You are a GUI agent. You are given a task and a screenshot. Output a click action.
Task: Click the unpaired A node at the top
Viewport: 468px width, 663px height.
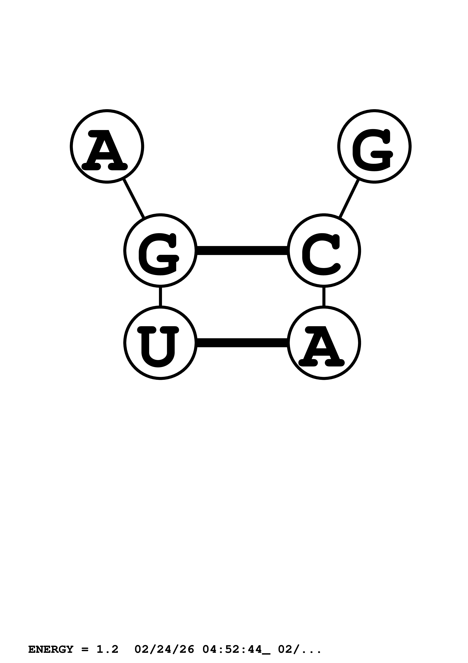pyautogui.click(x=107, y=146)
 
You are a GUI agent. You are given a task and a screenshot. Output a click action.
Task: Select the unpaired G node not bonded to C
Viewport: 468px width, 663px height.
pyautogui.click(x=374, y=146)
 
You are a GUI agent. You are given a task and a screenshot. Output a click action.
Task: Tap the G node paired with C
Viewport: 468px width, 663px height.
pyautogui.click(x=160, y=250)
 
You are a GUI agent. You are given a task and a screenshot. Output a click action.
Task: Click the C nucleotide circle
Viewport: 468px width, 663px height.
pyautogui.click(x=324, y=250)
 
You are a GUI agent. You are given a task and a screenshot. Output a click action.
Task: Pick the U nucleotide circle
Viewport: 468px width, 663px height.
pyautogui.click(x=160, y=343)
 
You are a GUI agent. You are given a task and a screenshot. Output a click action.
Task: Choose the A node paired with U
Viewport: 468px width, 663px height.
pyautogui.click(x=324, y=343)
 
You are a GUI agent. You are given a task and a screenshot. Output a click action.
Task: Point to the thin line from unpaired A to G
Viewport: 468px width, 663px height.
pyautogui.click(x=133, y=199)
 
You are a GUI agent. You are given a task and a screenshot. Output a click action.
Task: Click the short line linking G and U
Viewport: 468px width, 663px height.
pyautogui.click(x=160, y=297)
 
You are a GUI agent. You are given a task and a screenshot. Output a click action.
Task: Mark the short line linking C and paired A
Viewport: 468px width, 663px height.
pyautogui.click(x=324, y=297)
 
